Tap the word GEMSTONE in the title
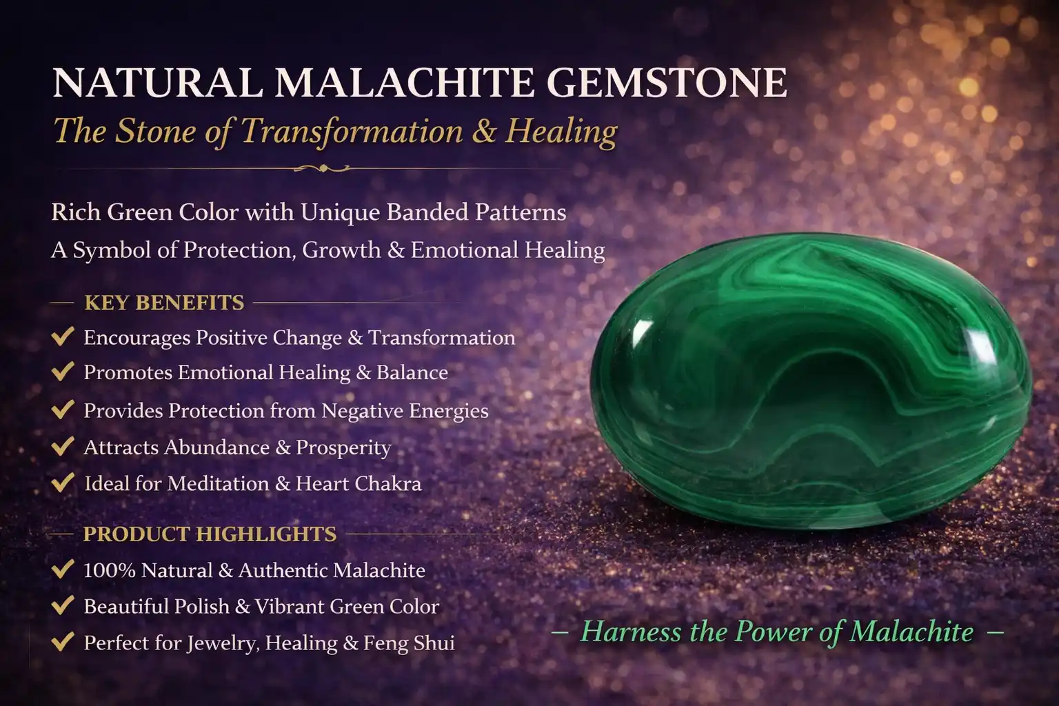pyautogui.click(x=667, y=83)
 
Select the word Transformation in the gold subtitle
pyautogui.click(x=352, y=131)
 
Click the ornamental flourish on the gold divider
pyautogui.click(x=322, y=168)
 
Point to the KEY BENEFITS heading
pyautogui.click(x=164, y=303)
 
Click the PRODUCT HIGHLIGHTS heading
pyautogui.click(x=210, y=534)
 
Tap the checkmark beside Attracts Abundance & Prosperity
pyautogui.click(x=63, y=447)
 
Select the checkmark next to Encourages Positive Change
pyautogui.click(x=63, y=336)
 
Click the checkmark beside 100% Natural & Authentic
pyautogui.click(x=63, y=569)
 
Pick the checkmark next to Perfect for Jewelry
pyautogui.click(x=63, y=642)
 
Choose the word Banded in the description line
pyautogui.click(x=427, y=212)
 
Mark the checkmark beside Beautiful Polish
pyautogui.click(x=63, y=605)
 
